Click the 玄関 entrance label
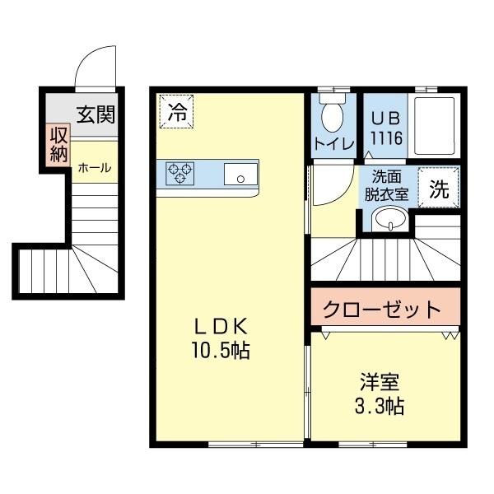tap(95, 115)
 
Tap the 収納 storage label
tap(58, 145)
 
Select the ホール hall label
tap(94, 167)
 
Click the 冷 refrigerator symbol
tap(177, 113)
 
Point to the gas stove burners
tap(180, 173)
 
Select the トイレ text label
tap(333, 143)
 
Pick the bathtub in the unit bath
tap(434, 127)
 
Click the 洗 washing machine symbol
tap(440, 189)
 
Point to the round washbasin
tap(388, 218)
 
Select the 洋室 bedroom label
tap(380, 383)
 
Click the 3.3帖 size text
tap(380, 406)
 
